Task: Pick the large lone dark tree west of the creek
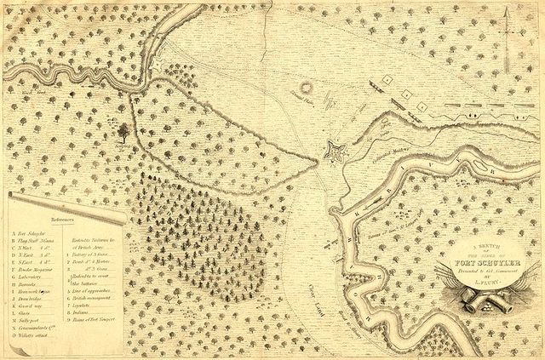[126, 132]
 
